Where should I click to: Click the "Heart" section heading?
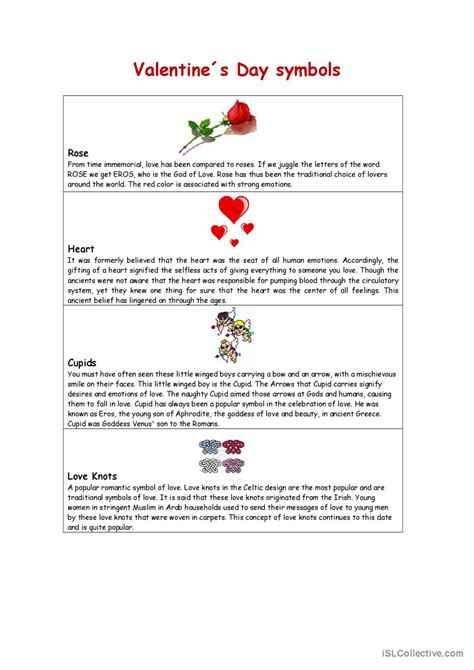click(82, 248)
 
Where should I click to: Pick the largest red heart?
click(233, 209)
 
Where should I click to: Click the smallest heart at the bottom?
click(235, 242)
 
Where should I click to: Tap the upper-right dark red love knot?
click(234, 447)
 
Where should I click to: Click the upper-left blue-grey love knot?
click(211, 447)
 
